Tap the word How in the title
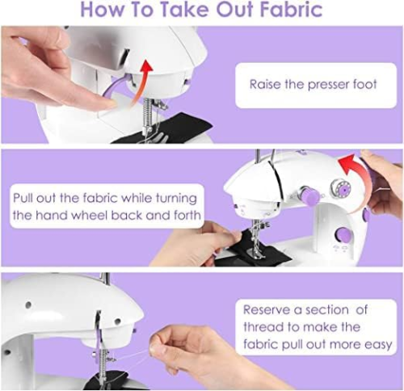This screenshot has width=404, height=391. click(x=106, y=11)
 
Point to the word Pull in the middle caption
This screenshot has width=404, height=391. click(x=27, y=198)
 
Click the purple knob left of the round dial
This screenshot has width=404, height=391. click(x=307, y=195)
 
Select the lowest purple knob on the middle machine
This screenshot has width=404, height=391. click(x=343, y=234)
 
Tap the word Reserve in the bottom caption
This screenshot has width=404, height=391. click(x=272, y=309)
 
